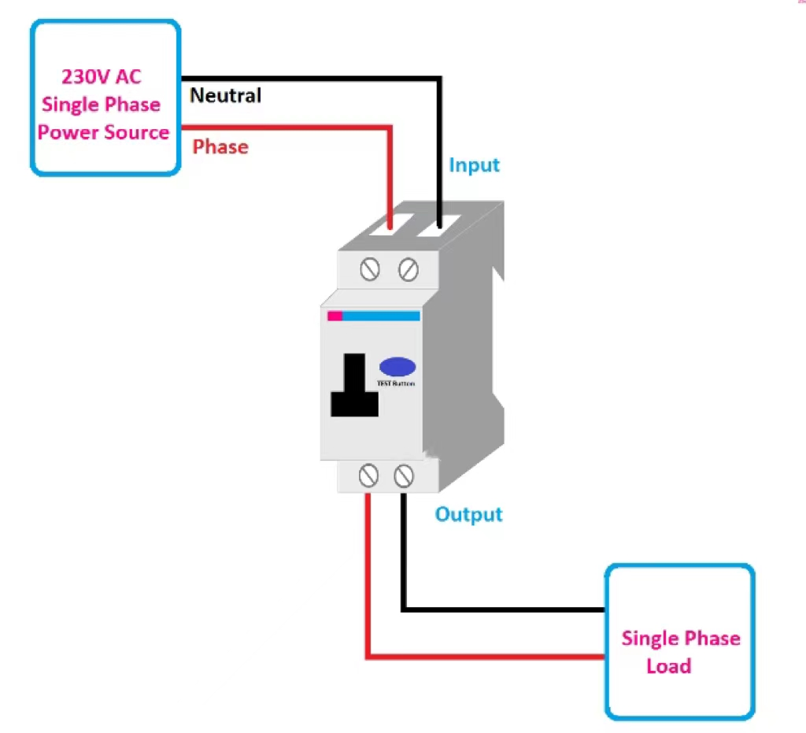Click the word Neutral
click(x=226, y=96)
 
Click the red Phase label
click(x=220, y=146)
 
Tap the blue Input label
click(x=474, y=165)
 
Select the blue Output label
click(x=468, y=515)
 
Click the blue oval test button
click(x=397, y=367)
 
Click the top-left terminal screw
click(x=370, y=269)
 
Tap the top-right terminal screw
click(x=408, y=269)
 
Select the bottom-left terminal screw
click(x=368, y=476)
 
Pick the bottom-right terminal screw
click(x=403, y=476)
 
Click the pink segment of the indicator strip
click(x=335, y=316)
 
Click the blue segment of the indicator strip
click(x=381, y=316)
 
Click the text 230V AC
click(x=102, y=77)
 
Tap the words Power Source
click(x=103, y=132)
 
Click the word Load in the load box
click(x=668, y=666)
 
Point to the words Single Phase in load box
click(x=681, y=639)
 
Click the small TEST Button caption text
click(x=397, y=383)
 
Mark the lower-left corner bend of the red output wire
click(x=368, y=655)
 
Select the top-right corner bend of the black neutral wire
click(x=438, y=80)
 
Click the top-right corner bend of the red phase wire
click(x=389, y=127)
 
